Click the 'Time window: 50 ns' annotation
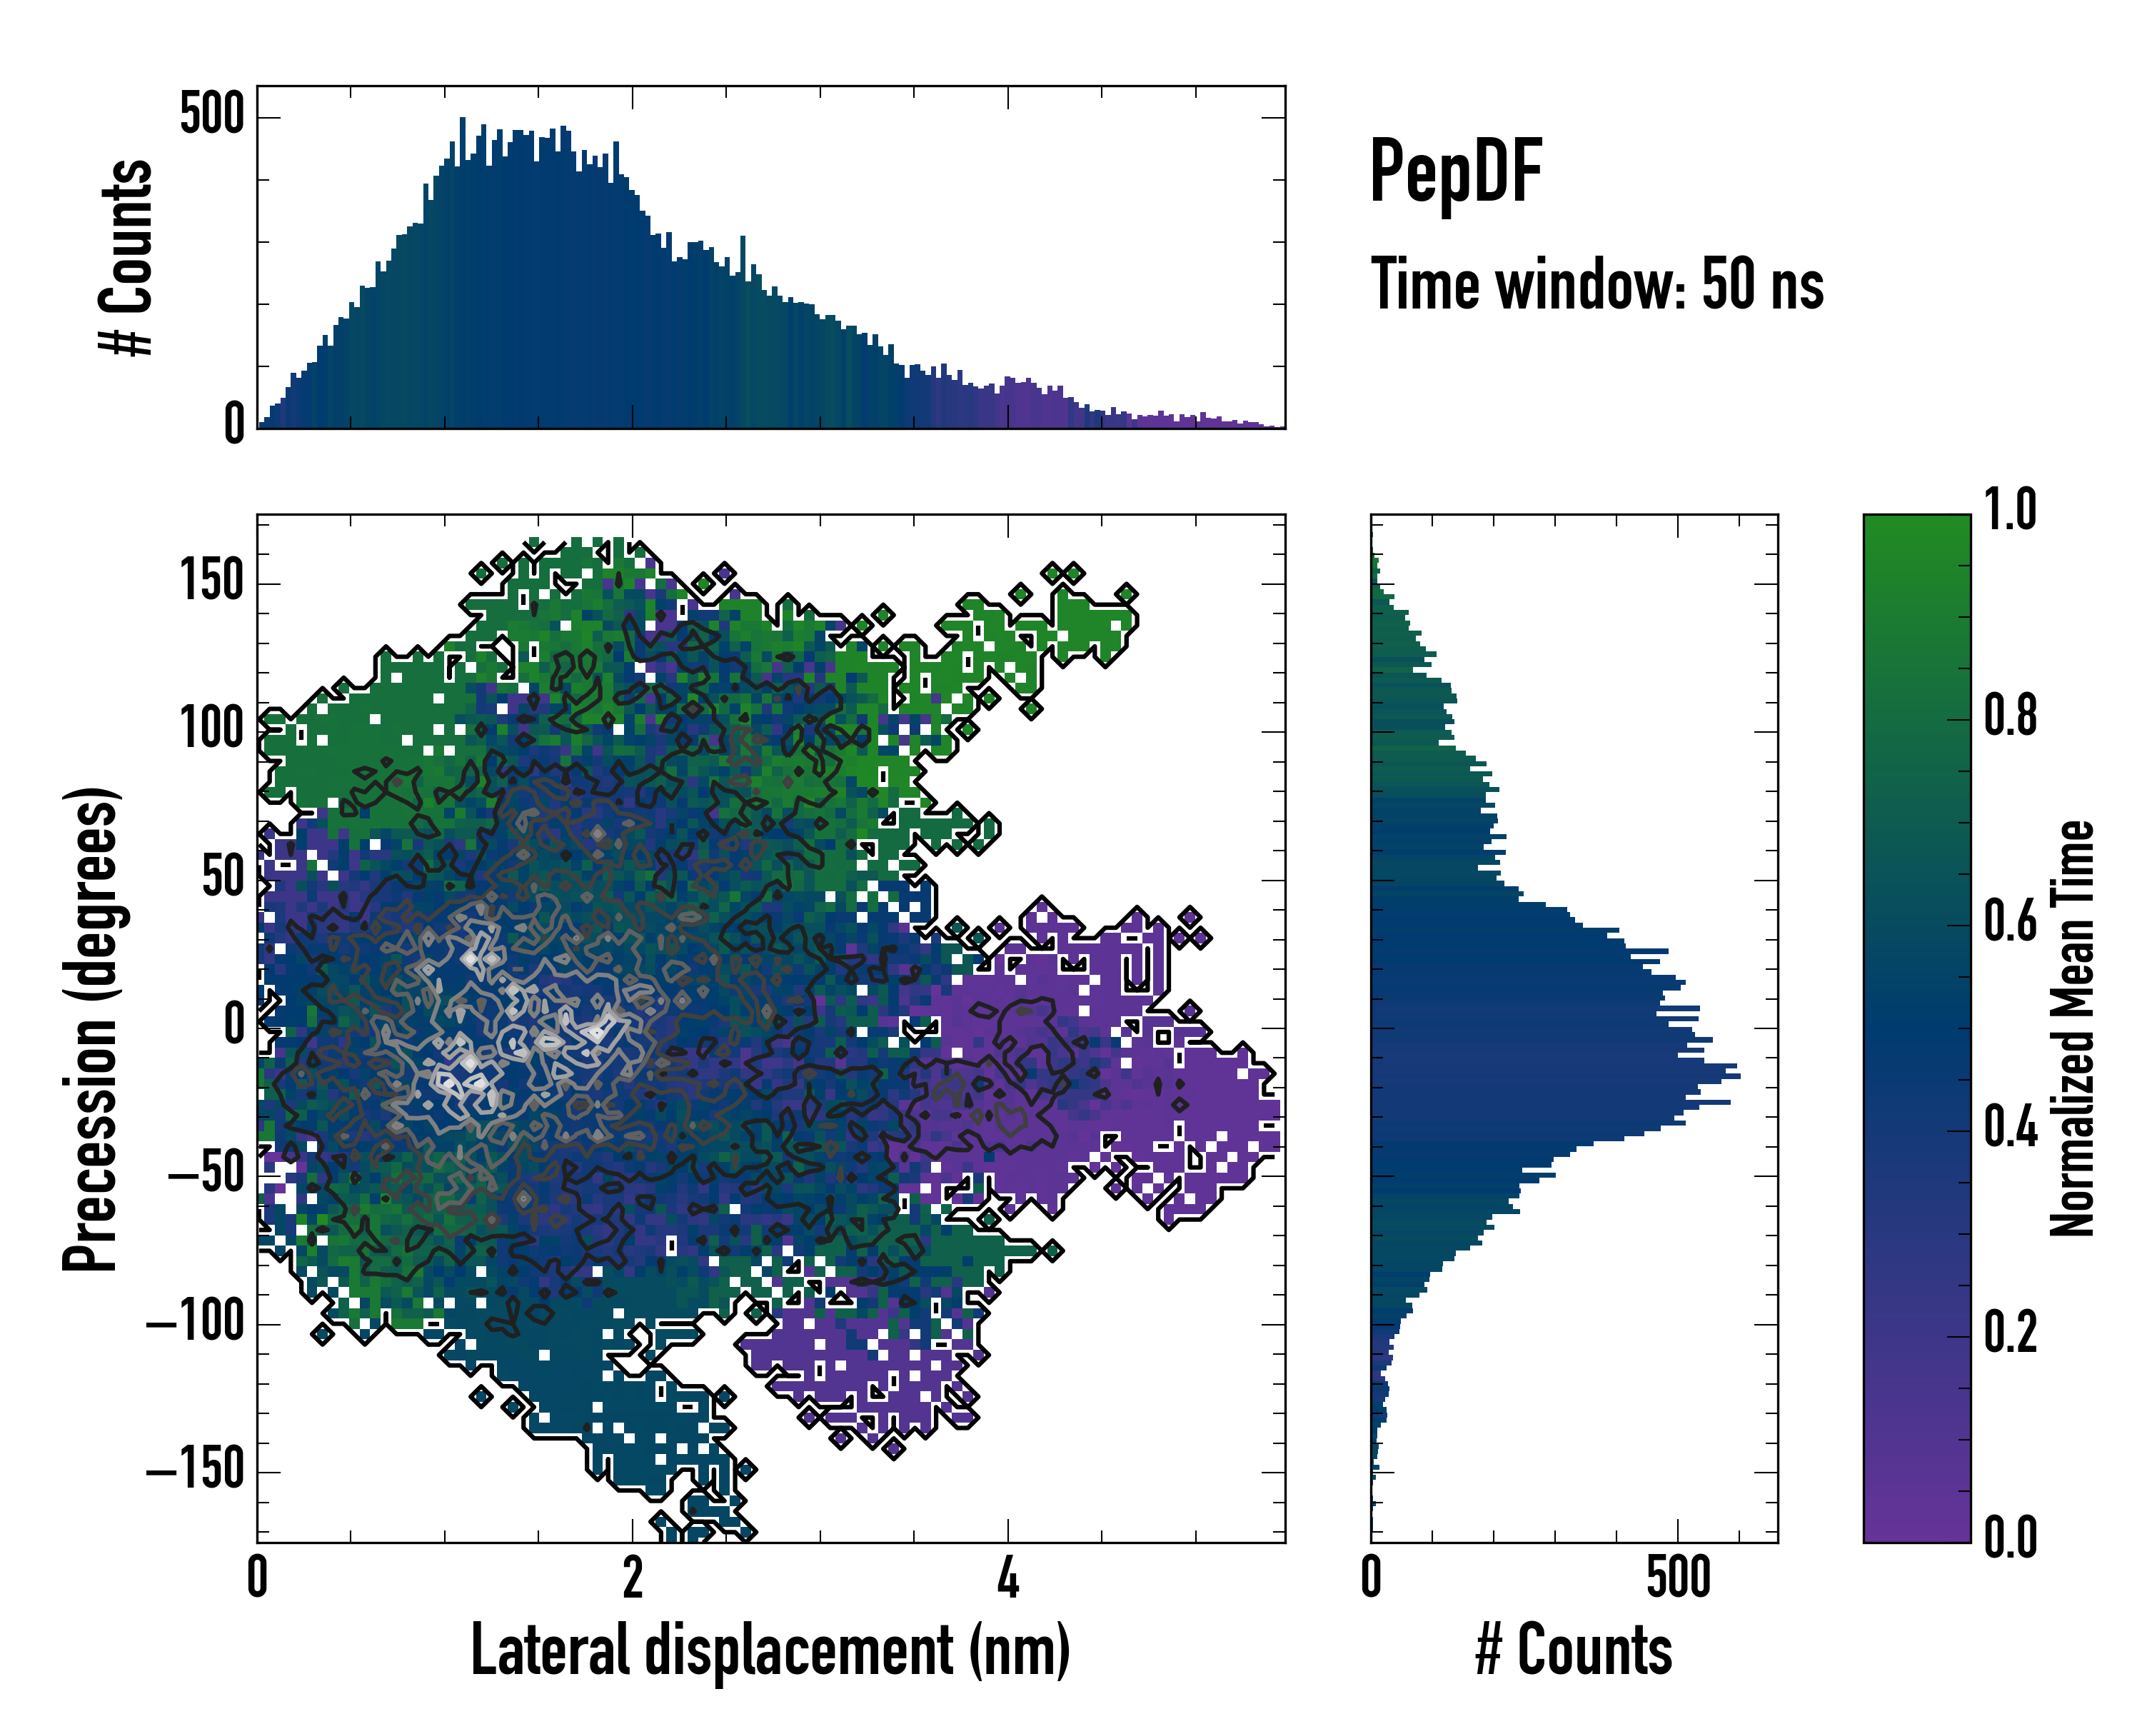pyautogui.click(x=1597, y=285)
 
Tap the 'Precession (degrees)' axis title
pyautogui.click(x=91, y=1028)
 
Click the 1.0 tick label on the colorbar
pyautogui.click(x=2010, y=511)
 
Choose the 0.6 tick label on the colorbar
pyautogui.click(x=2010, y=921)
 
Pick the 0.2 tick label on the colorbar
pyautogui.click(x=2010, y=1333)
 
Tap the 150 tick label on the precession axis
pyautogui.click(x=211, y=581)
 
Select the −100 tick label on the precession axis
pyautogui.click(x=195, y=1323)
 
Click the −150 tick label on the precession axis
pyautogui.click(x=195, y=1470)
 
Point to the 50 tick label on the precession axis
pyautogui.click(x=223, y=878)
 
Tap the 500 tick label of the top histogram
pyautogui.click(x=211, y=114)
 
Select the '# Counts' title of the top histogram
pyautogui.click(x=127, y=256)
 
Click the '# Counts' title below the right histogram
pyautogui.click(x=1574, y=1650)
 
